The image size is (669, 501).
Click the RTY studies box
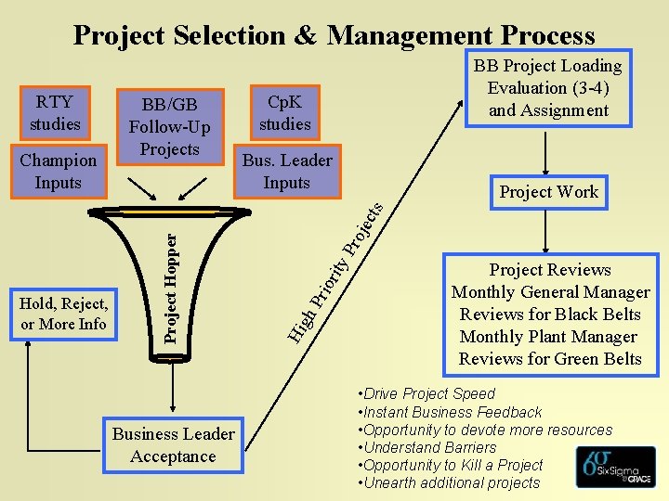coord(55,111)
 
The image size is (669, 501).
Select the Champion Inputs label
coord(58,172)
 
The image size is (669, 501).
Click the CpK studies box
coord(285,111)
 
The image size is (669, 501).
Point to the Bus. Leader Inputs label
coord(286,172)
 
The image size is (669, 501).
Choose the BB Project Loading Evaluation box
coord(547,88)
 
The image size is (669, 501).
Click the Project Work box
coord(548,192)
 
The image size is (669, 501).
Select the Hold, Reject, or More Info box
coord(63,314)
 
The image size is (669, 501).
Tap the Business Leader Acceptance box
coord(173,445)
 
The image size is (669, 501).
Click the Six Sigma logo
coord(614,467)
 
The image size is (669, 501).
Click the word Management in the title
coord(410,35)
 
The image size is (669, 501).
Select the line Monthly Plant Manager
coord(548,337)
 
